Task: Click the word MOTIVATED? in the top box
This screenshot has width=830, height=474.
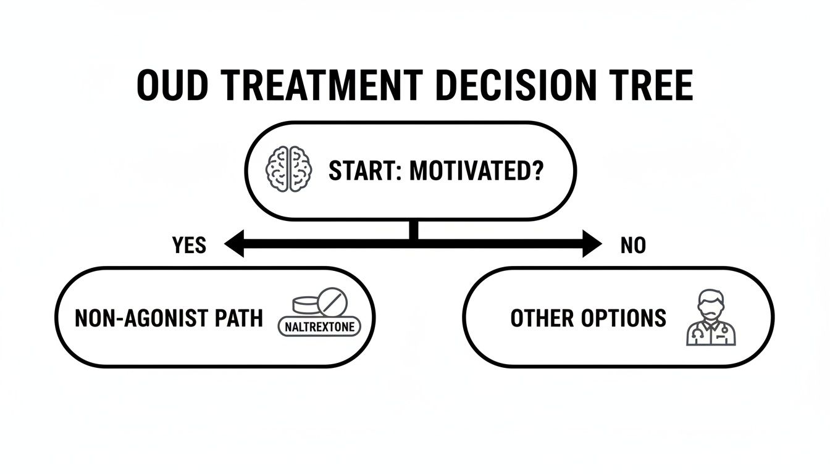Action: click(x=476, y=171)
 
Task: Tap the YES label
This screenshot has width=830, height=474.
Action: click(x=189, y=246)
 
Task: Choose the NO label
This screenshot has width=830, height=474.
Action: click(x=633, y=246)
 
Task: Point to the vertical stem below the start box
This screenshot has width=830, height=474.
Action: click(x=414, y=230)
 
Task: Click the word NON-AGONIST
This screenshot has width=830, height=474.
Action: click(x=145, y=318)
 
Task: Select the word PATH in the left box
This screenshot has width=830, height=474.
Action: click(x=240, y=318)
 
